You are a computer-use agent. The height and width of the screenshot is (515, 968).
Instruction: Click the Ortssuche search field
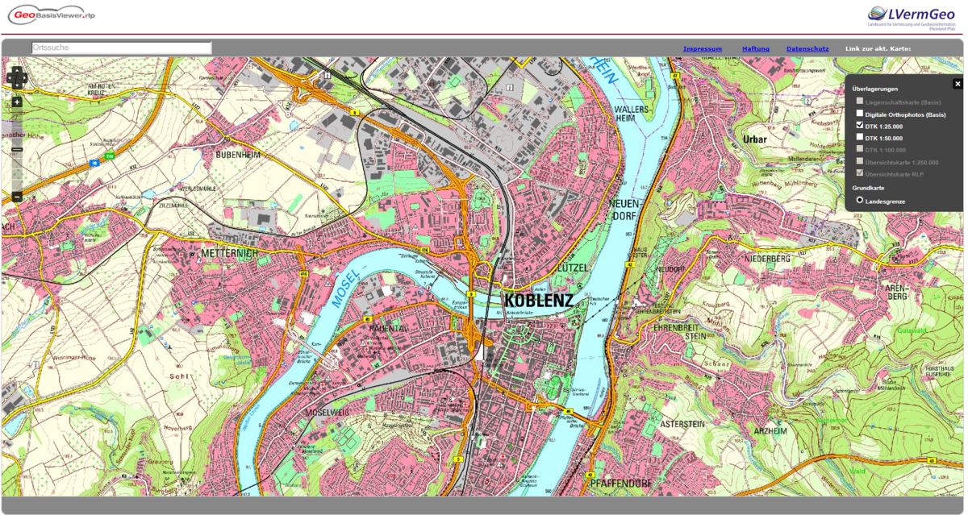coord(121,48)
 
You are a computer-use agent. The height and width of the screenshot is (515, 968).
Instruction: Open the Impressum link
coord(702,49)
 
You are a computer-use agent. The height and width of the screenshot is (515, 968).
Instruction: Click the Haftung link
coord(755,49)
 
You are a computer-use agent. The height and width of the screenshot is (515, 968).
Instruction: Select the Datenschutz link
coord(807,49)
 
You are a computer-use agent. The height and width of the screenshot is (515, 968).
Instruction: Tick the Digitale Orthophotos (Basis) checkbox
coord(860,114)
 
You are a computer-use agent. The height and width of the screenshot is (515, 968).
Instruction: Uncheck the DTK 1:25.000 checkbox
coord(860,126)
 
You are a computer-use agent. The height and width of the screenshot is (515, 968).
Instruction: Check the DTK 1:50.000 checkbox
coord(860,137)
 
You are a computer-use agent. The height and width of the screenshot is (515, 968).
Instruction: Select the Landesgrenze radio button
coord(860,199)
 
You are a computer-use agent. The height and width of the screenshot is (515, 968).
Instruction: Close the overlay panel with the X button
coord(958,84)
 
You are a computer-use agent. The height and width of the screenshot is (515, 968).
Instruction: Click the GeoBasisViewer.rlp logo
coord(52,15)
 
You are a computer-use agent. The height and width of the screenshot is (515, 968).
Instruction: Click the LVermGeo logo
coord(915,15)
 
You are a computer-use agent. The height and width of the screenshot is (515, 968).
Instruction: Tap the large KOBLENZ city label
coord(538,301)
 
